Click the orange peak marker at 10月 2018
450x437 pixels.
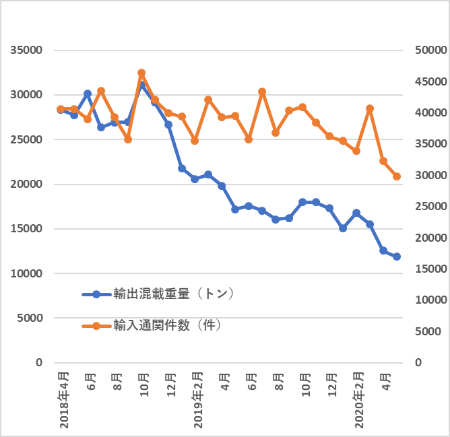(141, 73)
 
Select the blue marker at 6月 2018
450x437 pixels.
(88, 94)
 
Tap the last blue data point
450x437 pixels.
(397, 257)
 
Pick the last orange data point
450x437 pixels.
(397, 176)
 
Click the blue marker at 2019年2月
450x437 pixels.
(195, 179)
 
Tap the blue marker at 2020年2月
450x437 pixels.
(356, 213)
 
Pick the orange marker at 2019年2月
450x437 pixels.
(195, 141)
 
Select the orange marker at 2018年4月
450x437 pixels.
(61, 109)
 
